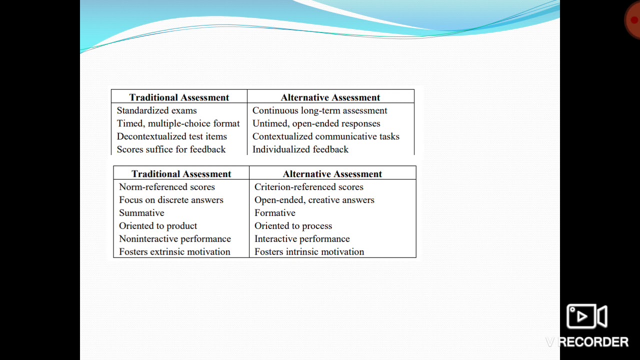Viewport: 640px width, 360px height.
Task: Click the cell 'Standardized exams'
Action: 156,110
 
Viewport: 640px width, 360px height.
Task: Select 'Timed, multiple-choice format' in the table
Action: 178,123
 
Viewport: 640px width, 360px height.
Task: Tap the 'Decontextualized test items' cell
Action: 171,136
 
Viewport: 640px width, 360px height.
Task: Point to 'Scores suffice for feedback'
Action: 171,149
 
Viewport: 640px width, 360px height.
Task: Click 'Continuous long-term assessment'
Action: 319,110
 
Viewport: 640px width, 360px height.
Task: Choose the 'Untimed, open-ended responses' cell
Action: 316,123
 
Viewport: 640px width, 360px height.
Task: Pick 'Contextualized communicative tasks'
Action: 325,136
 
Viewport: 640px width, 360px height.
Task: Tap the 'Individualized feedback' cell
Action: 300,149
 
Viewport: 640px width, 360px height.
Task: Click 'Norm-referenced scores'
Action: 166,187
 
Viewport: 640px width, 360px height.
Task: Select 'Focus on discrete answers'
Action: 171,200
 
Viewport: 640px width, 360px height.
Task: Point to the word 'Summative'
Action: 141,213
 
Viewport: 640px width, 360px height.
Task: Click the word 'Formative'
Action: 274,213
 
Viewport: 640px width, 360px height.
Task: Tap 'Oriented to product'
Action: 157,226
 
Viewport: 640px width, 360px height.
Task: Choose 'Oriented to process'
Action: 293,226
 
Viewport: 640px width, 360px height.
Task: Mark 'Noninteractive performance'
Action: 174,239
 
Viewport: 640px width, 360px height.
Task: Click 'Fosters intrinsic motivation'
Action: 309,252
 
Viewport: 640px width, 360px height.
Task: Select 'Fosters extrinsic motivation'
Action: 174,252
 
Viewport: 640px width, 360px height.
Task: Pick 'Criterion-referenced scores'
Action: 308,187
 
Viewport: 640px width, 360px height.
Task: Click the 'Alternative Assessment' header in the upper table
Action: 330,97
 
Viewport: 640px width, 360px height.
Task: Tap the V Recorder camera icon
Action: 586,316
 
